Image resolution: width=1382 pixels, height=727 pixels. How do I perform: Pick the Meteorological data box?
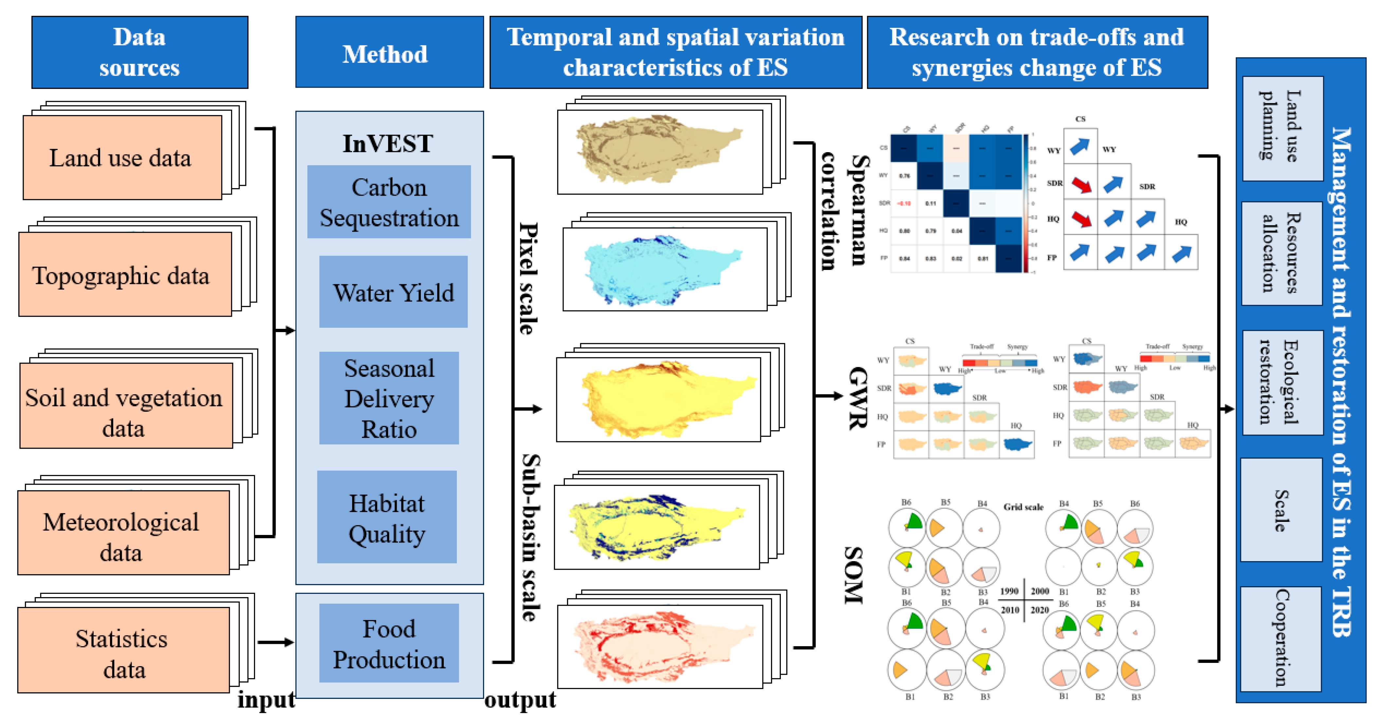(123, 533)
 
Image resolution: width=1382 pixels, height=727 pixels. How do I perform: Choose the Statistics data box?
(123, 650)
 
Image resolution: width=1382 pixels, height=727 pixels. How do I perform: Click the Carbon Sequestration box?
(389, 202)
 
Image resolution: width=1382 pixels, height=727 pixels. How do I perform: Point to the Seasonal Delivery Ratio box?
(389, 398)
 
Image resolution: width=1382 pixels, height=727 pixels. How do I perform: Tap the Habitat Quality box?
(387, 517)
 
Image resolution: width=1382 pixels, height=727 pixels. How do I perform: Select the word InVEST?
(387, 144)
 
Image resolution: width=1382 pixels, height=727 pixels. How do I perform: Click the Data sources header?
(139, 52)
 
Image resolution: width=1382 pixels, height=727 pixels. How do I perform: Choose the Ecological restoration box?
(1281, 382)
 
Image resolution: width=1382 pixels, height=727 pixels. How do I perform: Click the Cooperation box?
(1281, 638)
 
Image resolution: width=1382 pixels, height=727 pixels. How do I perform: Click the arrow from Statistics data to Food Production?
(275, 642)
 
